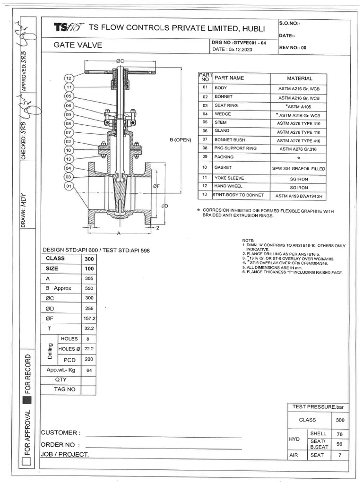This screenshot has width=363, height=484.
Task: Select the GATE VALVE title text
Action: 78,46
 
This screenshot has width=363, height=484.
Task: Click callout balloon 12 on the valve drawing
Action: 69,78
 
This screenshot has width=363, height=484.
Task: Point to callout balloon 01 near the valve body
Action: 69,186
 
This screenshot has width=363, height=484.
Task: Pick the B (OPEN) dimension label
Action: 183,140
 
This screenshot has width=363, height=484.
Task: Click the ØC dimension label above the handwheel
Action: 120,61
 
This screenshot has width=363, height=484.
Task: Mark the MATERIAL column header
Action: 299,78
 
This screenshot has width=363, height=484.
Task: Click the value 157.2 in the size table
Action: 88,318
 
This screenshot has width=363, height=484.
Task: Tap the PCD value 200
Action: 88,359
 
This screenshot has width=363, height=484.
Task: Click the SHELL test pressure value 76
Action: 339,434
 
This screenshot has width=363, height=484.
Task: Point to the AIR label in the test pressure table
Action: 294,455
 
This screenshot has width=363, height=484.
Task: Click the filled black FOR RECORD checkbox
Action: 27,401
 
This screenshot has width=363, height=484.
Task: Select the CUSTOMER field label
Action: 61,433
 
